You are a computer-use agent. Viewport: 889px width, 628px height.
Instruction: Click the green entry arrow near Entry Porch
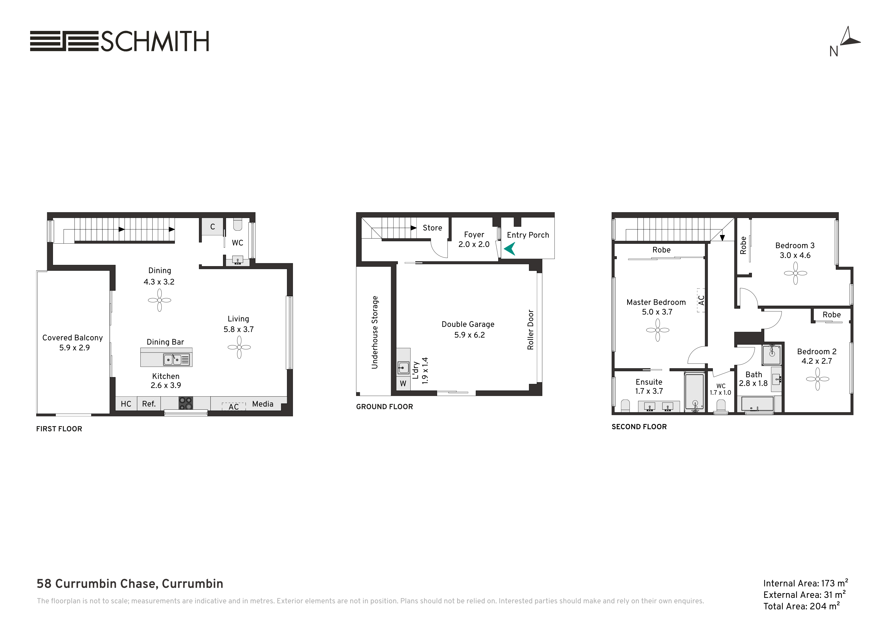[510, 249]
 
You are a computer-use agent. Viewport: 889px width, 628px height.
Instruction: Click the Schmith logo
[120, 41]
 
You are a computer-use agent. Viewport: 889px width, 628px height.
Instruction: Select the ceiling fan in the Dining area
[159, 300]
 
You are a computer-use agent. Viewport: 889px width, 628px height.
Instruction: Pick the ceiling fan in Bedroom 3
[795, 273]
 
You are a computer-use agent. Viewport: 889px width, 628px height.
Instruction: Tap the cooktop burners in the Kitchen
[186, 403]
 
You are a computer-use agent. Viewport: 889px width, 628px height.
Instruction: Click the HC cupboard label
[126, 404]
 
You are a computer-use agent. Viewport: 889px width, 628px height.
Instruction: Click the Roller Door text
[530, 330]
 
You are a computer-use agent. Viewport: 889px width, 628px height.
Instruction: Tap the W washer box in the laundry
[403, 383]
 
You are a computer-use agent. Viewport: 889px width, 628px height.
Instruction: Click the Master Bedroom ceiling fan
[657, 330]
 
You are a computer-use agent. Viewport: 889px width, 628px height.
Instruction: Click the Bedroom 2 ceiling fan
[817, 379]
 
